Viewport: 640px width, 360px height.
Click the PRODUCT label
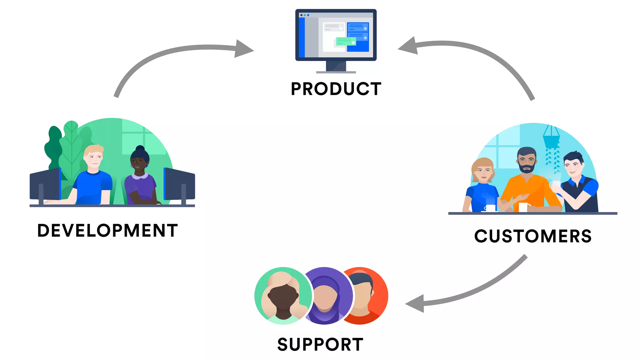point(336,89)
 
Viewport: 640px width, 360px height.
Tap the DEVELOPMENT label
point(107,231)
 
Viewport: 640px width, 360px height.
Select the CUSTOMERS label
point(533,236)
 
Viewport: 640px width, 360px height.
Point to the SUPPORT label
point(320,344)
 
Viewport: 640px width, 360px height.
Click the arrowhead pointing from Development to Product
point(244,49)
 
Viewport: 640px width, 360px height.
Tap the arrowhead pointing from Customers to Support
point(416,303)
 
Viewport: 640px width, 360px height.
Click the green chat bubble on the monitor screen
point(346,41)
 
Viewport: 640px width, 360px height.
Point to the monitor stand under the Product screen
point(336,67)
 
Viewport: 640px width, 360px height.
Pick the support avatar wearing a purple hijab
point(325,297)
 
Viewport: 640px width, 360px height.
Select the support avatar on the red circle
point(364,294)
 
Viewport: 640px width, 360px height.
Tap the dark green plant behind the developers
point(53,147)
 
